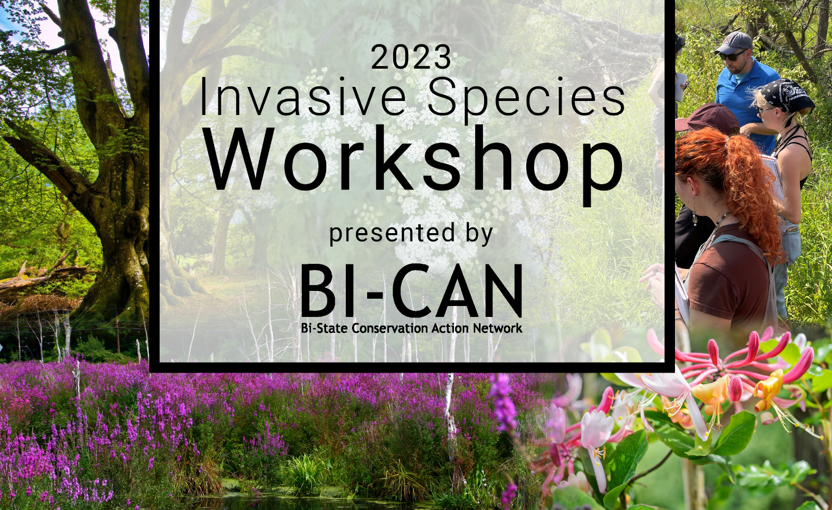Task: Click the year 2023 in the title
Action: coord(411,57)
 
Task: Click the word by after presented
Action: coord(479,235)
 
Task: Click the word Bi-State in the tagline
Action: coord(325,328)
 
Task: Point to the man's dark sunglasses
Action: coord(731,56)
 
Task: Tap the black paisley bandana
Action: coord(786,96)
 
